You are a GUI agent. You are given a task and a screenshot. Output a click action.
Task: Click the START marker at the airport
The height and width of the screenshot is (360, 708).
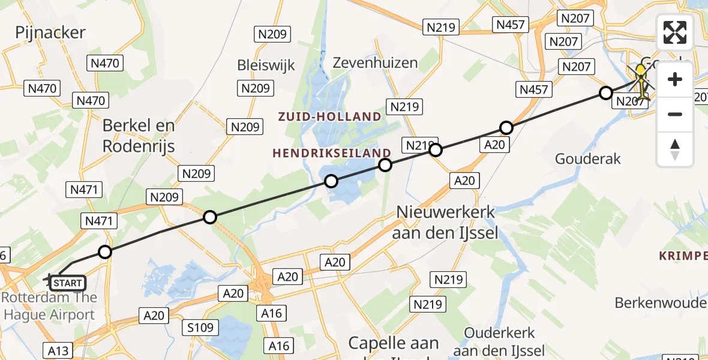[67, 282]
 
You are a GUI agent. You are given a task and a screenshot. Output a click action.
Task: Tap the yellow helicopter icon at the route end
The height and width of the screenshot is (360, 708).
[641, 83]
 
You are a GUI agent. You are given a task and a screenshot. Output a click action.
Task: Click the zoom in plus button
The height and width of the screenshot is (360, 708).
[675, 80]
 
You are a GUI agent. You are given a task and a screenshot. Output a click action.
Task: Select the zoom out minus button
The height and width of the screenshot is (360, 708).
[675, 114]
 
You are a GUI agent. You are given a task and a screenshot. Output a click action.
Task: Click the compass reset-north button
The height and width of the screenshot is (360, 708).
[675, 149]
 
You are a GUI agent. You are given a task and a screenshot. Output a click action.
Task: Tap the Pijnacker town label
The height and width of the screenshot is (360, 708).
[50, 32]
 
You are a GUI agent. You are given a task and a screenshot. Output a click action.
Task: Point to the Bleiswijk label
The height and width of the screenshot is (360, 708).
[266, 65]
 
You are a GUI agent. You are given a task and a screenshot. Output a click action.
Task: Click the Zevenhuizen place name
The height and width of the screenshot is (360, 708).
[375, 62]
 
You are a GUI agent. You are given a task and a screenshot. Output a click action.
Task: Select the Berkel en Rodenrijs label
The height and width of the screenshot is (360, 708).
[139, 135]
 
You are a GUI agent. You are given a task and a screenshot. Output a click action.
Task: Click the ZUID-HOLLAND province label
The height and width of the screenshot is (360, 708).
[329, 116]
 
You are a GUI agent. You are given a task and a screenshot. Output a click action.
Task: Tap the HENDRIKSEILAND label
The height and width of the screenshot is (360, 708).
[332, 153]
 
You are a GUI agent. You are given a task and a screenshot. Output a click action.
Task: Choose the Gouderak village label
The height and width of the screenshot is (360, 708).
[587, 159]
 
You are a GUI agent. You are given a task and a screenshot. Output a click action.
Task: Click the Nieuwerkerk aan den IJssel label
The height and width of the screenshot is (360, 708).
[445, 222]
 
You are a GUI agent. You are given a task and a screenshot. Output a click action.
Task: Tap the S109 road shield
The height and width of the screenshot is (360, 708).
[201, 328]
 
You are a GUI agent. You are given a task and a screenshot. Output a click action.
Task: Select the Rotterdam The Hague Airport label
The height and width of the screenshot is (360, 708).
[49, 306]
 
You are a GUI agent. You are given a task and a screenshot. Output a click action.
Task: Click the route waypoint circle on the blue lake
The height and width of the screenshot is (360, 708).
[331, 181]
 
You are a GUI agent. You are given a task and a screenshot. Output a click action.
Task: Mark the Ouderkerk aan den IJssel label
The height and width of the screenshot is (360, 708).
[499, 341]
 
